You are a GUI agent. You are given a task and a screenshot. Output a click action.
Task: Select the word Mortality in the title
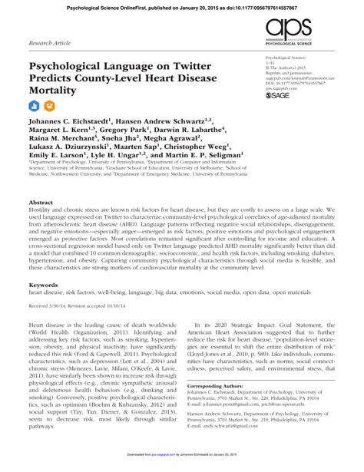[55, 91]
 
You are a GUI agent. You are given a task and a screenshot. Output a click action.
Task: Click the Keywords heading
[43, 263]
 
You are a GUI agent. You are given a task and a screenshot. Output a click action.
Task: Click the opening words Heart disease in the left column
[48, 304]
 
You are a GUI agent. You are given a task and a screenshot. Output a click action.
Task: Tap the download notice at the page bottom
[182, 465]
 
